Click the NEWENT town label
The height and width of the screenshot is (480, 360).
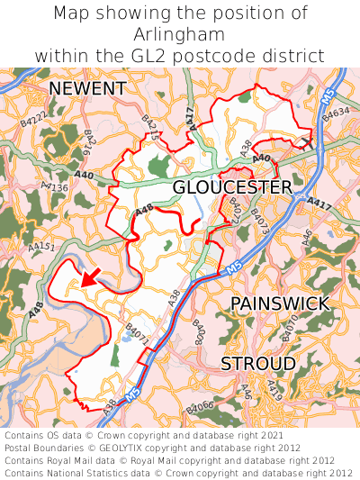coord(87,88)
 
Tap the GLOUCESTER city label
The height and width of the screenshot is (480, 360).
coord(232,186)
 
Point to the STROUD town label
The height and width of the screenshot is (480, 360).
coord(258,363)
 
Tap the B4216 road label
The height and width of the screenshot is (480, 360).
coord(89,142)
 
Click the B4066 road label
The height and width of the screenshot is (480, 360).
coord(200,409)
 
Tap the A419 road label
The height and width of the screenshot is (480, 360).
coord(274,389)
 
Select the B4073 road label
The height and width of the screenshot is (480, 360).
coord(258,216)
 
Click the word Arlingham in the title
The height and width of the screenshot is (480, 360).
coord(179,34)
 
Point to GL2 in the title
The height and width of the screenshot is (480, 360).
coord(155,55)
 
